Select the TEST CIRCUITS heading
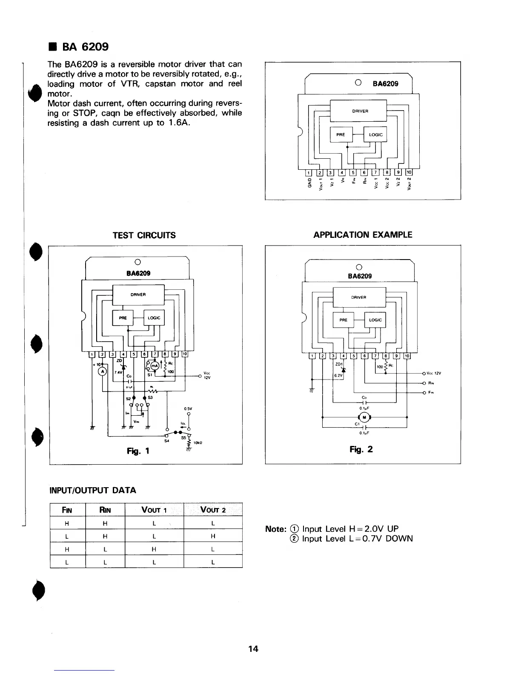[x=144, y=235]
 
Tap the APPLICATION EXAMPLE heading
[x=363, y=235]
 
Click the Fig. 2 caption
[x=361, y=449]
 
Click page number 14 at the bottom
[x=253, y=649]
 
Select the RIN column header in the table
[x=105, y=510]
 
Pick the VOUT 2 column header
[x=212, y=510]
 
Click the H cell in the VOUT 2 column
[x=212, y=537]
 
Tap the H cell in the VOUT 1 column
[x=154, y=549]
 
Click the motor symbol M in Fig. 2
[x=364, y=417]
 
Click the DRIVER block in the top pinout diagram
[x=360, y=111]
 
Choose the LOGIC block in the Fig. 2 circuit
[x=375, y=320]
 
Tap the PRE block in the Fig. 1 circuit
[x=123, y=318]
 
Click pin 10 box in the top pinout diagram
[x=409, y=172]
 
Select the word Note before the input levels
[x=275, y=529]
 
